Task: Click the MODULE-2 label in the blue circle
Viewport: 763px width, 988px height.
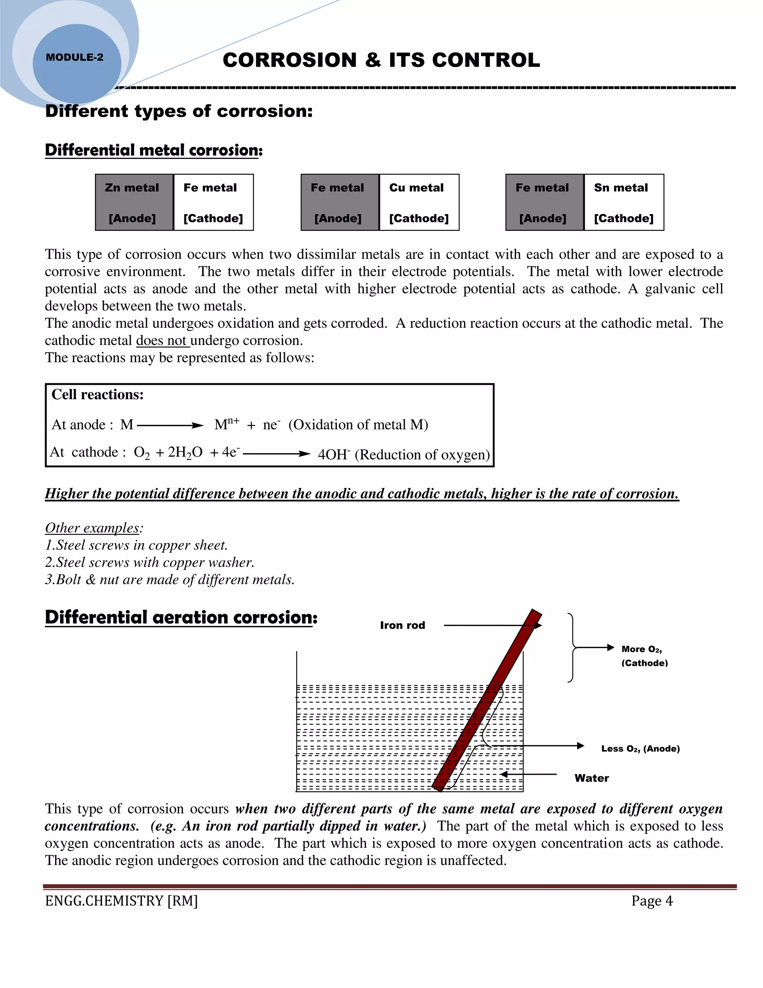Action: click(x=75, y=57)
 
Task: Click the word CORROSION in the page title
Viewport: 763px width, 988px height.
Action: click(x=290, y=60)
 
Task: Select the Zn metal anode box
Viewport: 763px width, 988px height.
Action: click(x=134, y=202)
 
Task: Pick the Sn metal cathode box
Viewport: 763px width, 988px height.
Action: click(x=623, y=202)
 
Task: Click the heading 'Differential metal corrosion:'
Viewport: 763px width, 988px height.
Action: click(x=154, y=150)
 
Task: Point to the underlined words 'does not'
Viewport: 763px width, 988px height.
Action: click(x=162, y=341)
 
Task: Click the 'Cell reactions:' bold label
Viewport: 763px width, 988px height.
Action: click(x=98, y=394)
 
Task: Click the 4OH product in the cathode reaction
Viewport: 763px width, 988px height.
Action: click(x=333, y=454)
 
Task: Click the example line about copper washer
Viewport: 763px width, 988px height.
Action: click(x=150, y=562)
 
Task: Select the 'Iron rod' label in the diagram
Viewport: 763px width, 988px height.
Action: click(x=402, y=625)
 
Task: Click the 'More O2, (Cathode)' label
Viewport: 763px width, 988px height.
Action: click(x=644, y=656)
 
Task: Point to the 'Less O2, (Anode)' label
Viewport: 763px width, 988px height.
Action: click(x=640, y=749)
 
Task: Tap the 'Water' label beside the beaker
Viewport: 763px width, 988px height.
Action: click(x=591, y=778)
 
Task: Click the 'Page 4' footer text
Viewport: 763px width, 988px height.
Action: click(x=652, y=901)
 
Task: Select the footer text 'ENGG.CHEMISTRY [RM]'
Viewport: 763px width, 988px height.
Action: click(x=121, y=901)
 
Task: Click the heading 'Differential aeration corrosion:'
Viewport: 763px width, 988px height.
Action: click(x=181, y=617)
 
